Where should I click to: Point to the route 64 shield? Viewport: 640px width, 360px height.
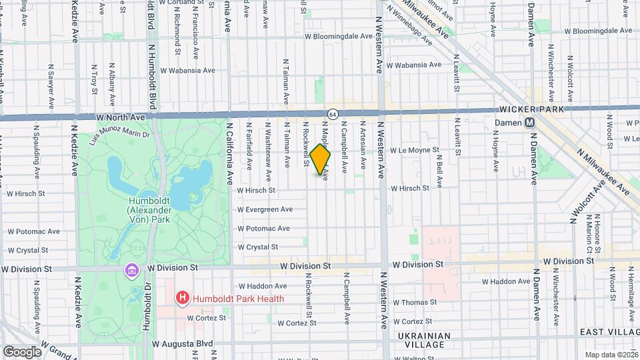pos(331,115)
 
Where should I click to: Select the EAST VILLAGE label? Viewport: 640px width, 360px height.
pos(608,332)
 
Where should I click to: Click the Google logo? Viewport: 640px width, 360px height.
pos(22,351)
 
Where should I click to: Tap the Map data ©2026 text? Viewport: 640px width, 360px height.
pos(611,355)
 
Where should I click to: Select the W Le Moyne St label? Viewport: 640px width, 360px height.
pos(415,151)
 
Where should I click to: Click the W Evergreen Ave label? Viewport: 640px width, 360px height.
pos(265,209)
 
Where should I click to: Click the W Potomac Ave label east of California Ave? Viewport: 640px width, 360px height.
pos(264,228)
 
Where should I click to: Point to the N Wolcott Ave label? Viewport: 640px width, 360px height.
pos(582,199)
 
